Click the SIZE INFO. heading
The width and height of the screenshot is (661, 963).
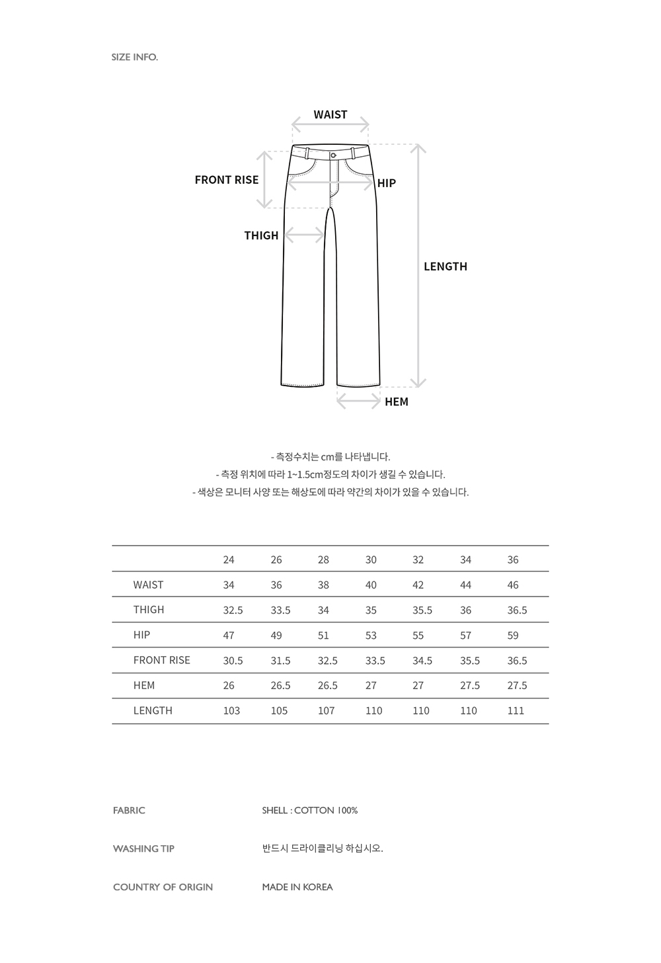[x=135, y=57]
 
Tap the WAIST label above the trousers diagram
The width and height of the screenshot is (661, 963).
[x=330, y=114]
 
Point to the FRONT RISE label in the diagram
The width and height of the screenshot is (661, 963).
[x=227, y=180]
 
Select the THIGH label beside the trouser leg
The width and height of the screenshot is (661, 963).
[x=261, y=235]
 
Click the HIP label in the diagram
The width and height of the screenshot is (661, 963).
[x=387, y=183]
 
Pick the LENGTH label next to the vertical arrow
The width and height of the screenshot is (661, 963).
[x=446, y=267]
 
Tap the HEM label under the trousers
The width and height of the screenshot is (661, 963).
[x=397, y=401]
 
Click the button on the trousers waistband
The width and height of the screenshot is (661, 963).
[x=333, y=155]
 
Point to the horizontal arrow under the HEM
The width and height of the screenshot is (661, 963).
[x=358, y=401]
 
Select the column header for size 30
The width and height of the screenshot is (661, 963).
[x=371, y=560]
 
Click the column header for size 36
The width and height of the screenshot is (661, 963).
[x=513, y=560]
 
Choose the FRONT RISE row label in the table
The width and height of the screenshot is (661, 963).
[x=161, y=660]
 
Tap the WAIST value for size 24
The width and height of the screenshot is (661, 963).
[x=229, y=585]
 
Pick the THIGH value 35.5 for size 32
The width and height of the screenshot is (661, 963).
[x=422, y=610]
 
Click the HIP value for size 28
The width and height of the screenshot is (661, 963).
[x=323, y=635]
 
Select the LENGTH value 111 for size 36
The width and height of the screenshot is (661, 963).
[x=516, y=710]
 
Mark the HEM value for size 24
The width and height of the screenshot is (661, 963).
[x=229, y=685]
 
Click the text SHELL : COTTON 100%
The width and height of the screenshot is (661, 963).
[x=309, y=810]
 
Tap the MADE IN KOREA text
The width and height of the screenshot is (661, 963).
[x=297, y=887]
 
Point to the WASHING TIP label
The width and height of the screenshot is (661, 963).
[x=143, y=849]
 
